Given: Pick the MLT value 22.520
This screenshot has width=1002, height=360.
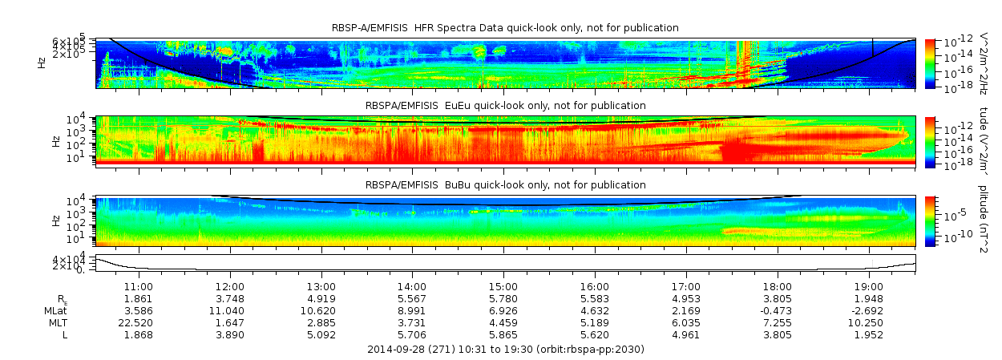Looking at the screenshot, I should (x=138, y=322).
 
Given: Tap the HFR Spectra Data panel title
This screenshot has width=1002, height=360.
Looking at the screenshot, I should (x=505, y=28).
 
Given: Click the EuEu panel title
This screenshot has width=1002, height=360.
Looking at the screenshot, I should (x=505, y=106).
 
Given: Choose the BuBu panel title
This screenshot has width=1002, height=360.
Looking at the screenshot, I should (x=505, y=185).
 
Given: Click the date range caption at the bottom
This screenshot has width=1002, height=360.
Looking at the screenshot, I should (x=505, y=350).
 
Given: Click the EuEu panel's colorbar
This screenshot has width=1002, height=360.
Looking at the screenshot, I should (x=930, y=141).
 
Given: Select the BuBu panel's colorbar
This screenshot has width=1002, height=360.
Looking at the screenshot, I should (x=930, y=220).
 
